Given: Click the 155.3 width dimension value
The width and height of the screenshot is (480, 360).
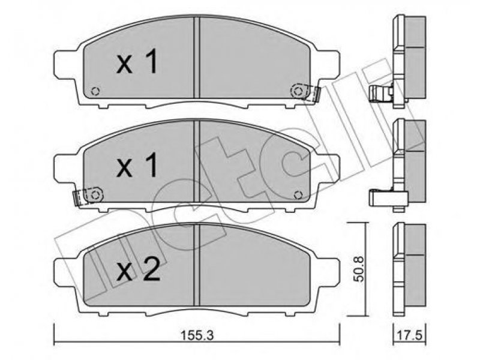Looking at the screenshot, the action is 197,335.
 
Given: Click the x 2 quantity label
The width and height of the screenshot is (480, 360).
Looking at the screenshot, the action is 138,269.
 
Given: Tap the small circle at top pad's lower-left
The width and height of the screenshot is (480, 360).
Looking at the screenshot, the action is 95,91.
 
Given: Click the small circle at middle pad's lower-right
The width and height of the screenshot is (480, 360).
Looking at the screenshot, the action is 298,194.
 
